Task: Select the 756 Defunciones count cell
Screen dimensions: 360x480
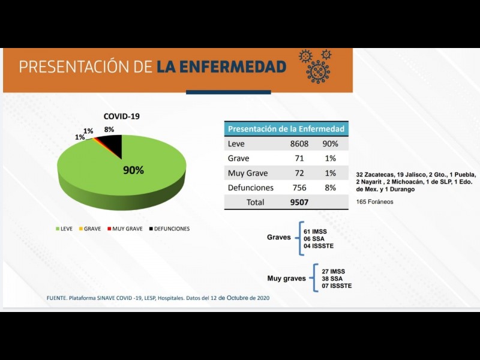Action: [299, 188]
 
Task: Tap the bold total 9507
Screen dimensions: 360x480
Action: [298, 202]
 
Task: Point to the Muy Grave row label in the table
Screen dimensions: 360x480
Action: [248, 173]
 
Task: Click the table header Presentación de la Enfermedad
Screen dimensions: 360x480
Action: [286, 129]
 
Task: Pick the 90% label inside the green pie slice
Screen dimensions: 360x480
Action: [133, 170]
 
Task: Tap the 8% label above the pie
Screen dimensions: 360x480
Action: [109, 130]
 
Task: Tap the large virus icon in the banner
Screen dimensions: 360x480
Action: [317, 71]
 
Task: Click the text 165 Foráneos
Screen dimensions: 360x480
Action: [375, 202]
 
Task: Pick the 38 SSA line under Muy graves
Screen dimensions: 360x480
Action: [333, 278]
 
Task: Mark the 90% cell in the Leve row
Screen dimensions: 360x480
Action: [331, 144]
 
